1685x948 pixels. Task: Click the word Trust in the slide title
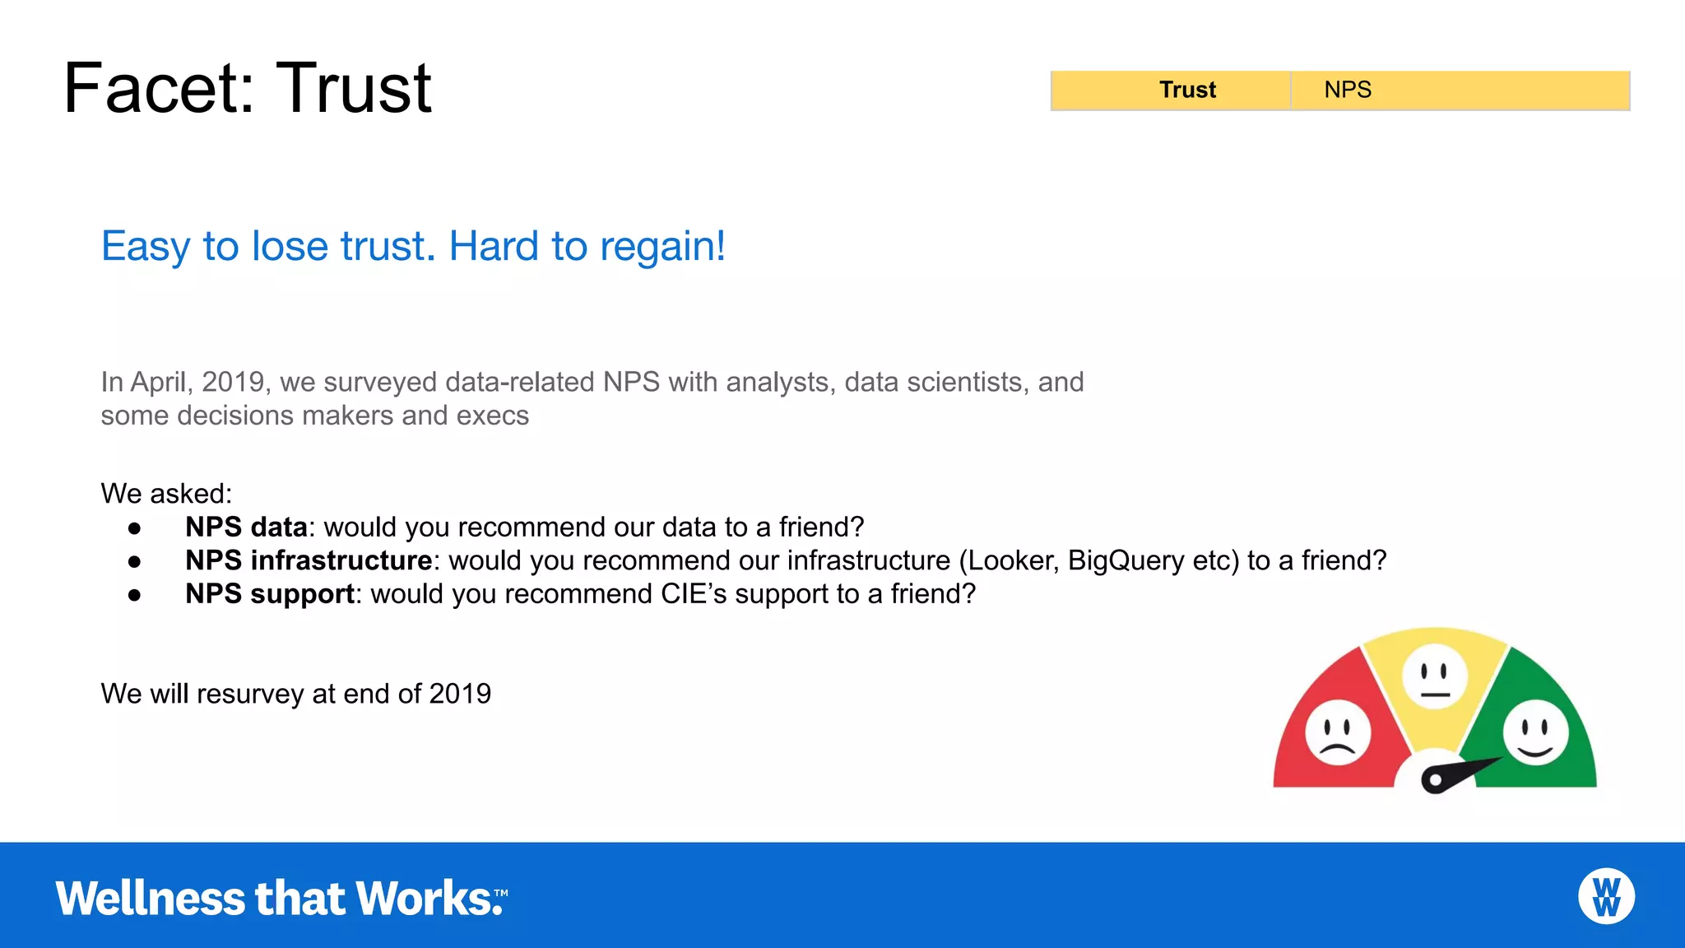354,89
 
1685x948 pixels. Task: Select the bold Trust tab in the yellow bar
1186,90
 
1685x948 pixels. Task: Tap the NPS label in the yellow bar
1347,90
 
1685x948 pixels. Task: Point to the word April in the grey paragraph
160,382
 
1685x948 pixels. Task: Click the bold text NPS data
246,527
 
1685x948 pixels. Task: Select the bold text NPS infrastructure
309,560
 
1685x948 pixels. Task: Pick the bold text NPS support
270,594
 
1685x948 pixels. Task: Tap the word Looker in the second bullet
1012,561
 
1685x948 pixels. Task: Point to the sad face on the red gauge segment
1338,732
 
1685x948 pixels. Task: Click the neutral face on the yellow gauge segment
1434,677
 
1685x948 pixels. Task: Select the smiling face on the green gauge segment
1535,732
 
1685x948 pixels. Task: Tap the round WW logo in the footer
1606,896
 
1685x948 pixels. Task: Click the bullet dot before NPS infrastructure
135,561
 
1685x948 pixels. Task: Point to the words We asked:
166,494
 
